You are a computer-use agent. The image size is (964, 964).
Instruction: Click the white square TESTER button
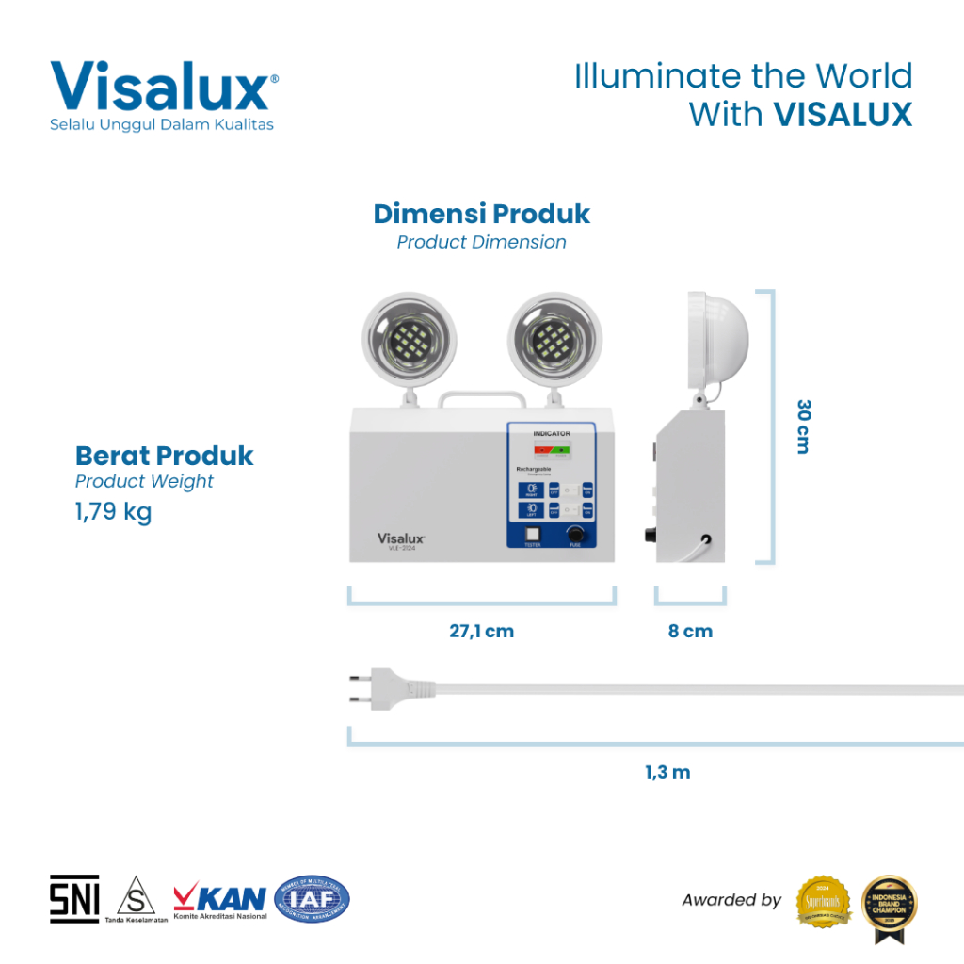click(x=532, y=533)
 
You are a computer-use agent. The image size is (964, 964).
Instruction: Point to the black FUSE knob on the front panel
click(x=575, y=534)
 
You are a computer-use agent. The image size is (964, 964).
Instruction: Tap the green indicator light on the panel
click(x=563, y=450)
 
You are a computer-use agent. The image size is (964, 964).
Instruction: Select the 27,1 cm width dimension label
click(x=481, y=631)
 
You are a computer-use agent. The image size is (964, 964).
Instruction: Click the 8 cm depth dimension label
click(x=690, y=631)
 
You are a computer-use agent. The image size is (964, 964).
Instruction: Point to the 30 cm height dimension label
click(x=803, y=426)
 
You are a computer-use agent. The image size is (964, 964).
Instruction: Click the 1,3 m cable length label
click(x=667, y=772)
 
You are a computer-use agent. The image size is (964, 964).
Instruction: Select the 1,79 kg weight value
click(x=113, y=513)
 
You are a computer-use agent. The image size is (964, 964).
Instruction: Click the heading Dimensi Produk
click(x=481, y=214)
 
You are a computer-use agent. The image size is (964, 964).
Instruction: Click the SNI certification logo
click(x=74, y=899)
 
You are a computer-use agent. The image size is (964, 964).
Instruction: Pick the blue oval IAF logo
click(x=312, y=898)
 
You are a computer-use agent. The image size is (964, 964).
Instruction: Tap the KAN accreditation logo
click(x=219, y=899)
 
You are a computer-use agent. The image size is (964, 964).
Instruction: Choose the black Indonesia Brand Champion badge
click(x=890, y=903)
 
